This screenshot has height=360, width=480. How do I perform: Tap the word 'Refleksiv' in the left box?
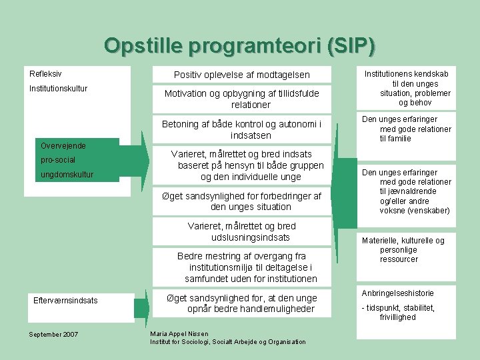pos(45,73)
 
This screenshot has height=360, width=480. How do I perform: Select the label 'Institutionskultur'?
pos(59,88)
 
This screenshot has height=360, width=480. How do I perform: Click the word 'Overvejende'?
pos(63,145)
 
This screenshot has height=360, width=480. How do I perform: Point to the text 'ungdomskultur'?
pos(67,175)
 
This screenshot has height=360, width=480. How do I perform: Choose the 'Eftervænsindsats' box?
pos(65,300)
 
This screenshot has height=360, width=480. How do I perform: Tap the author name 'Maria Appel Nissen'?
pos(179,333)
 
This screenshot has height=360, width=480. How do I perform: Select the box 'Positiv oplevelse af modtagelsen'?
pos(242,75)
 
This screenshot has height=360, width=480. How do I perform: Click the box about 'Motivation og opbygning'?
pos(241,99)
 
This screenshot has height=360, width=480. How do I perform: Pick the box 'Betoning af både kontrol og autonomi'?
pos(241,129)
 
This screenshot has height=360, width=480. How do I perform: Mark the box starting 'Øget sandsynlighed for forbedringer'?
pos(241,201)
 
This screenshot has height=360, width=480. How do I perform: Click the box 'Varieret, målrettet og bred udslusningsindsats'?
pos(241,231)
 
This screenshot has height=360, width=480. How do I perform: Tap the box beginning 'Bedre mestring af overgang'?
pos(241,267)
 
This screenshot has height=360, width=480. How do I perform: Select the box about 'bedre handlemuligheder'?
pos(241,303)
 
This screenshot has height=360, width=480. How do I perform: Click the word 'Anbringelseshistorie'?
pos(397,293)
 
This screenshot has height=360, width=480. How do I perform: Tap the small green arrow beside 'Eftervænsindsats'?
pos(141,308)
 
